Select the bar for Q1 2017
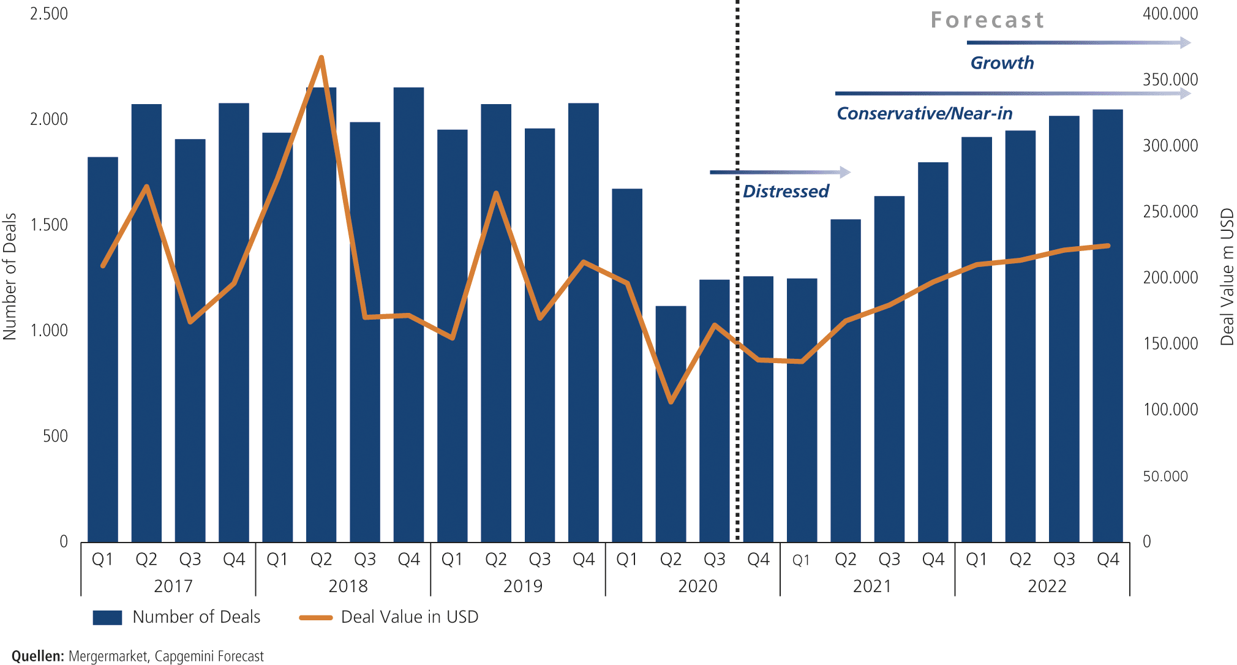click(x=103, y=349)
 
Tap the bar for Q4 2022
click(x=1107, y=325)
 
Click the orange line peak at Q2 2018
click(x=321, y=58)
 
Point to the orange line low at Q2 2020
click(x=671, y=402)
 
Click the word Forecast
click(x=987, y=20)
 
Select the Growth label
click(x=1002, y=63)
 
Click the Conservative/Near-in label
click(x=924, y=114)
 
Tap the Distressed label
click(x=786, y=192)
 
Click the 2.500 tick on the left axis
click(x=49, y=13)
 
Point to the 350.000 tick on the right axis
click(x=1170, y=80)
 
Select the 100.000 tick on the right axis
click(x=1170, y=409)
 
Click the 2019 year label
click(x=522, y=586)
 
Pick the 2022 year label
click(x=1047, y=586)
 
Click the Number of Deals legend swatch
click(x=107, y=617)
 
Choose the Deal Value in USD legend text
click(x=409, y=617)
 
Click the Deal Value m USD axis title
click(x=1227, y=277)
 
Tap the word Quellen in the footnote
click(x=37, y=656)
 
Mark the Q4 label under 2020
click(x=758, y=559)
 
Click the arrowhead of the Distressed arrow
click(x=846, y=172)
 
